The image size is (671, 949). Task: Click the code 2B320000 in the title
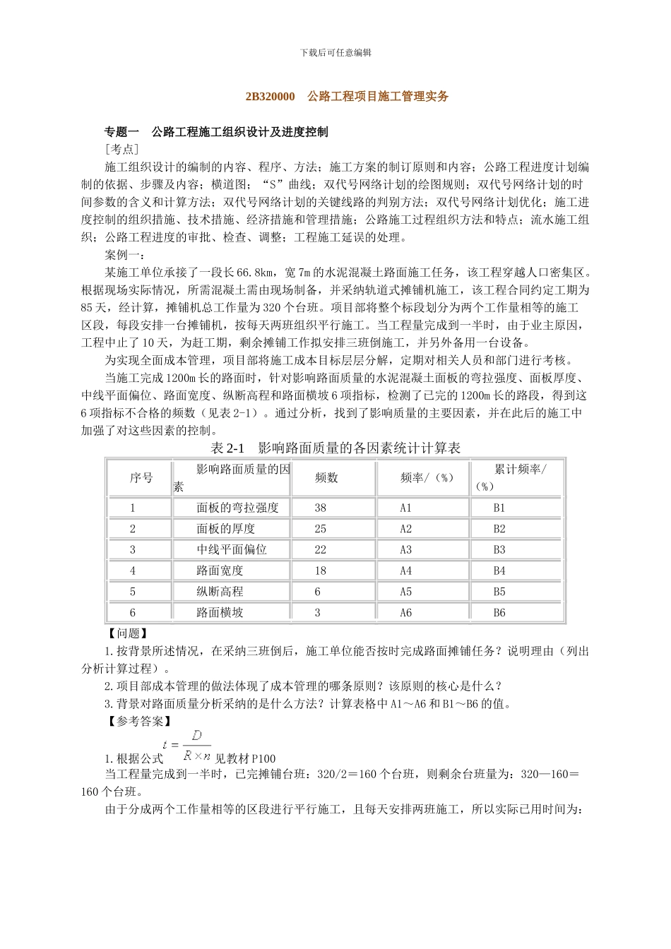(x=270, y=97)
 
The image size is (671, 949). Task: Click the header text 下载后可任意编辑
(x=335, y=52)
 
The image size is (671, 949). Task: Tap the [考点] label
(x=121, y=149)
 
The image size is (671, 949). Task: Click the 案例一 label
(x=126, y=255)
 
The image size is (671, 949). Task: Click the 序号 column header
(x=141, y=478)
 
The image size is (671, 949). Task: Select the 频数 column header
(x=326, y=478)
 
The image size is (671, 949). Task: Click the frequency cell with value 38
(x=320, y=508)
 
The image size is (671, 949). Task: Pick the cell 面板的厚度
(x=225, y=529)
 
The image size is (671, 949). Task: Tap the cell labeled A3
(x=405, y=550)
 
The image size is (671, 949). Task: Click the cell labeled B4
(x=499, y=571)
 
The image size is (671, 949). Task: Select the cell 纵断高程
(x=220, y=592)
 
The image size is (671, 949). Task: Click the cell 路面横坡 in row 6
(x=220, y=613)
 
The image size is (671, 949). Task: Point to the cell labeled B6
(x=499, y=613)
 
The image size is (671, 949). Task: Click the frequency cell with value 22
(x=320, y=550)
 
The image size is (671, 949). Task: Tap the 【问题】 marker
(x=128, y=633)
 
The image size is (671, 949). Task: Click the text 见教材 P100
(x=245, y=759)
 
